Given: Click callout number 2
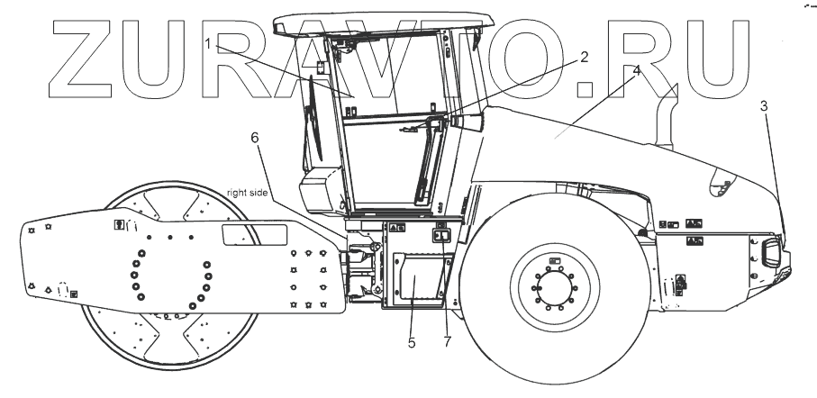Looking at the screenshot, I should (x=585, y=58).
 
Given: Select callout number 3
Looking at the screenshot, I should (x=765, y=105).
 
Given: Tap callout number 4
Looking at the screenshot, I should (x=637, y=68).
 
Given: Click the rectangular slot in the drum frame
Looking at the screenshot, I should (x=255, y=235).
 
